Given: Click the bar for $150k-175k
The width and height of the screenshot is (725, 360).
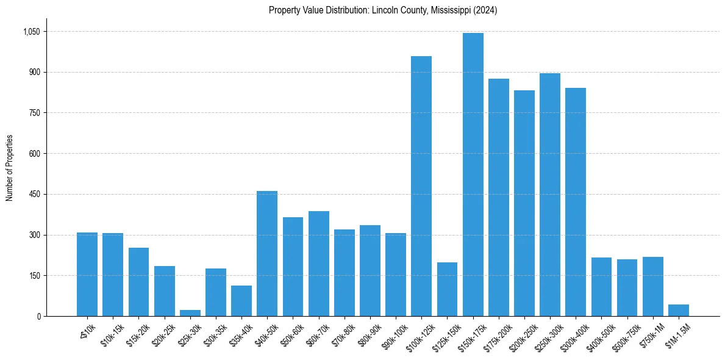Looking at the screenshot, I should (473, 175).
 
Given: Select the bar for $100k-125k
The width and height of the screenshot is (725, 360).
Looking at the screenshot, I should (421, 186).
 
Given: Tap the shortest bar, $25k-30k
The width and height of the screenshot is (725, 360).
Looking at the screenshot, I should (190, 313).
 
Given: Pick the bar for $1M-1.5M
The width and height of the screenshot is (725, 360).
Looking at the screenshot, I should (679, 310).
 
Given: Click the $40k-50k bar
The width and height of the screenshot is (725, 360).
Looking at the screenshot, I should (267, 253).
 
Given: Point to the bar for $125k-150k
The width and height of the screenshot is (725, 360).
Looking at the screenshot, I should (447, 289).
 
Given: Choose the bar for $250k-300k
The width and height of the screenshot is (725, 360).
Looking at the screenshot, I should (550, 195).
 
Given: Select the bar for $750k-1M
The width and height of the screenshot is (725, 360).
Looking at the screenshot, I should (653, 286).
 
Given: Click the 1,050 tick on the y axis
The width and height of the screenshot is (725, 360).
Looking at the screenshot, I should (31, 32).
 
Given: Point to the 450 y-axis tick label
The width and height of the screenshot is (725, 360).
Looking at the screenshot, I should (34, 194).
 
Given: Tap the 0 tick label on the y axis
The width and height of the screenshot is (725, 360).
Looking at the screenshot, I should (38, 316).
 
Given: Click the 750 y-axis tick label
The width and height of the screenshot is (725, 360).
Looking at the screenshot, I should (34, 113).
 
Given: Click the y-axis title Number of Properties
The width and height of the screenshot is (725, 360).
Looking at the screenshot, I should (10, 168).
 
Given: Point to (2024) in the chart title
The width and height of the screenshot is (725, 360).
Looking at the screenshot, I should (485, 10).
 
